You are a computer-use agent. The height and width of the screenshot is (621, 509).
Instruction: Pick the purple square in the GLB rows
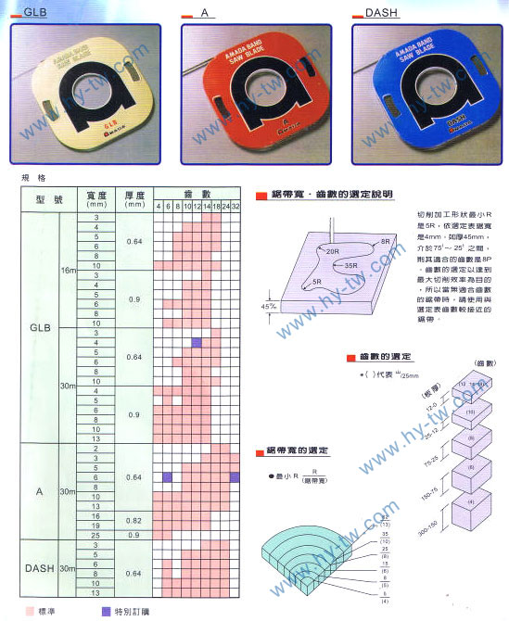tap(196, 343)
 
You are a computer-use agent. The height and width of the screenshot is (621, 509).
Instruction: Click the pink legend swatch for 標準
tap(31, 612)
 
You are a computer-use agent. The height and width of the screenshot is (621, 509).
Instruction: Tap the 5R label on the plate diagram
tap(317, 281)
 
